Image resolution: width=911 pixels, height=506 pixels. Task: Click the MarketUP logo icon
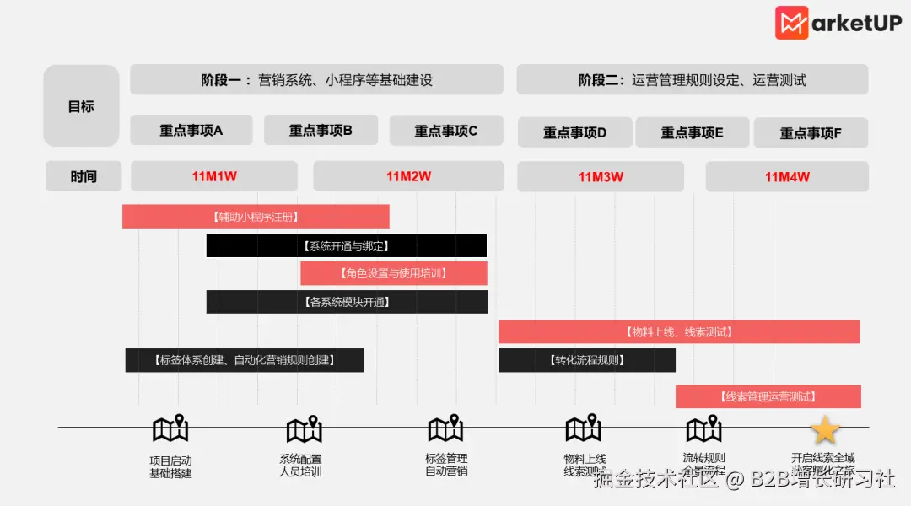[792, 23]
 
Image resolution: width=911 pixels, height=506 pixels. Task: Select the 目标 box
[81, 106]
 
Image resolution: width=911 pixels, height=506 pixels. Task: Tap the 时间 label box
[83, 176]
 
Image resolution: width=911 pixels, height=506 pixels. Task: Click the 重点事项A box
[191, 131]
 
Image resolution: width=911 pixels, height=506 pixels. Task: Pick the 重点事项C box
[446, 131]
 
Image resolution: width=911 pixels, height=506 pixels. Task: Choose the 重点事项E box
[693, 132]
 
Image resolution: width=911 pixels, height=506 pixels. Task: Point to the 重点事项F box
[811, 133]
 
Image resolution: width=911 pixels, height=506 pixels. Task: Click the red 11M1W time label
[214, 176]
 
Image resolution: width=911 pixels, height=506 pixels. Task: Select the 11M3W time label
[601, 177]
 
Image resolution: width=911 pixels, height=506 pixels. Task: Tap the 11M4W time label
[787, 177]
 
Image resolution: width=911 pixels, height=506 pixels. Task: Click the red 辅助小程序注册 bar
[256, 217]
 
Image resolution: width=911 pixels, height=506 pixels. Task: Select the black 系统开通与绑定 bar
[347, 246]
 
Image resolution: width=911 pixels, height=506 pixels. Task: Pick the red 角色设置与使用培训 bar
[394, 273]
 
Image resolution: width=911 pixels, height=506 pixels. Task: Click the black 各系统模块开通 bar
[347, 302]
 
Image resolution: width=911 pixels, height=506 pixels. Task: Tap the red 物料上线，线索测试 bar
[679, 332]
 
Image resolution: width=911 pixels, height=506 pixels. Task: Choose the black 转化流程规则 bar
[587, 360]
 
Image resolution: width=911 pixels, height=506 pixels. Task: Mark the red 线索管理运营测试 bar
[768, 396]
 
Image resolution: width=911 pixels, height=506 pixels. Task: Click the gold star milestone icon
[824, 430]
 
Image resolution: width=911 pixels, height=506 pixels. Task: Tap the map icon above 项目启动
[170, 429]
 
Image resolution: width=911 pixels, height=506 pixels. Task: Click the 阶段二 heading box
[693, 80]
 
